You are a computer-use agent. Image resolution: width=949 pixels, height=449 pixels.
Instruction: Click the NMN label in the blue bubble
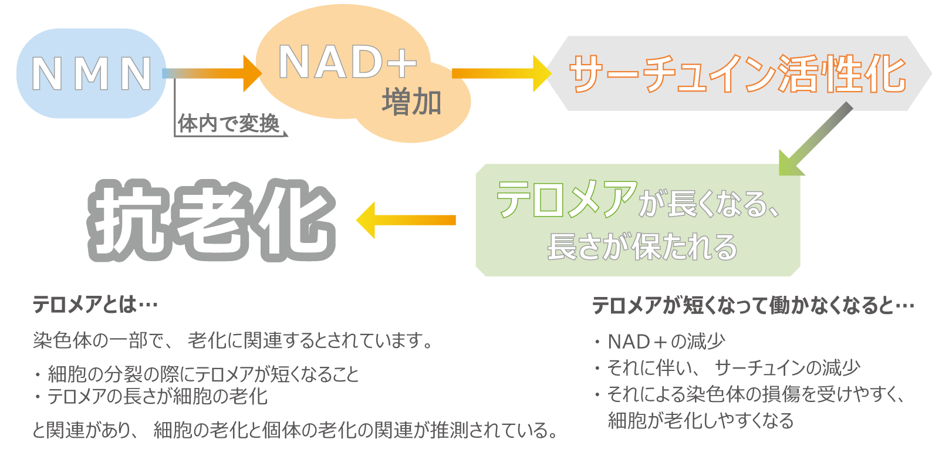[x=91, y=74]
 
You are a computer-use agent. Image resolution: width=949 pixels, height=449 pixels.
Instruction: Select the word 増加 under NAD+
[x=411, y=102]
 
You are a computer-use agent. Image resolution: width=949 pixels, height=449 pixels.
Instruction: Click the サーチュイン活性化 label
[x=738, y=75]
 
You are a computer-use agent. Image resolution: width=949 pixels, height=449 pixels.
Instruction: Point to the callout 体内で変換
[x=229, y=124]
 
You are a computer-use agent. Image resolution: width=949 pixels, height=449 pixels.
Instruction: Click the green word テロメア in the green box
[x=566, y=199]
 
